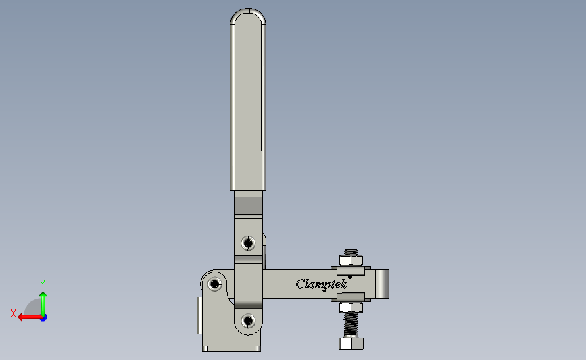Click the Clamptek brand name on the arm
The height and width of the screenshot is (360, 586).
click(x=321, y=284)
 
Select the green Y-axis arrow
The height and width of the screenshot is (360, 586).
click(x=43, y=303)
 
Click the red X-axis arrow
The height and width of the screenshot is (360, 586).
click(x=27, y=317)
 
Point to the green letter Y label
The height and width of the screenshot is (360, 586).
click(x=42, y=284)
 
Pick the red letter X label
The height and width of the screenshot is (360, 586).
click(x=13, y=313)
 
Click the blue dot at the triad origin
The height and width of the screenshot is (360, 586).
click(x=43, y=317)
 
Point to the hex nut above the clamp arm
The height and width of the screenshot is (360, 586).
click(x=350, y=259)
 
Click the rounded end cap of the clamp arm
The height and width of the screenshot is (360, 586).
click(x=383, y=283)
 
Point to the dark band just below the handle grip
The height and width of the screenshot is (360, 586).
click(x=248, y=204)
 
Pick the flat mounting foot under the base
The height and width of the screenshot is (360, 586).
click(x=231, y=349)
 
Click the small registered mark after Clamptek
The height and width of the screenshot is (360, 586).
click(x=349, y=276)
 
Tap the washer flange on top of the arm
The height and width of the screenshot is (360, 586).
click(x=350, y=270)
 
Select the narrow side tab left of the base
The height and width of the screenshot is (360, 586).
click(x=199, y=315)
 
